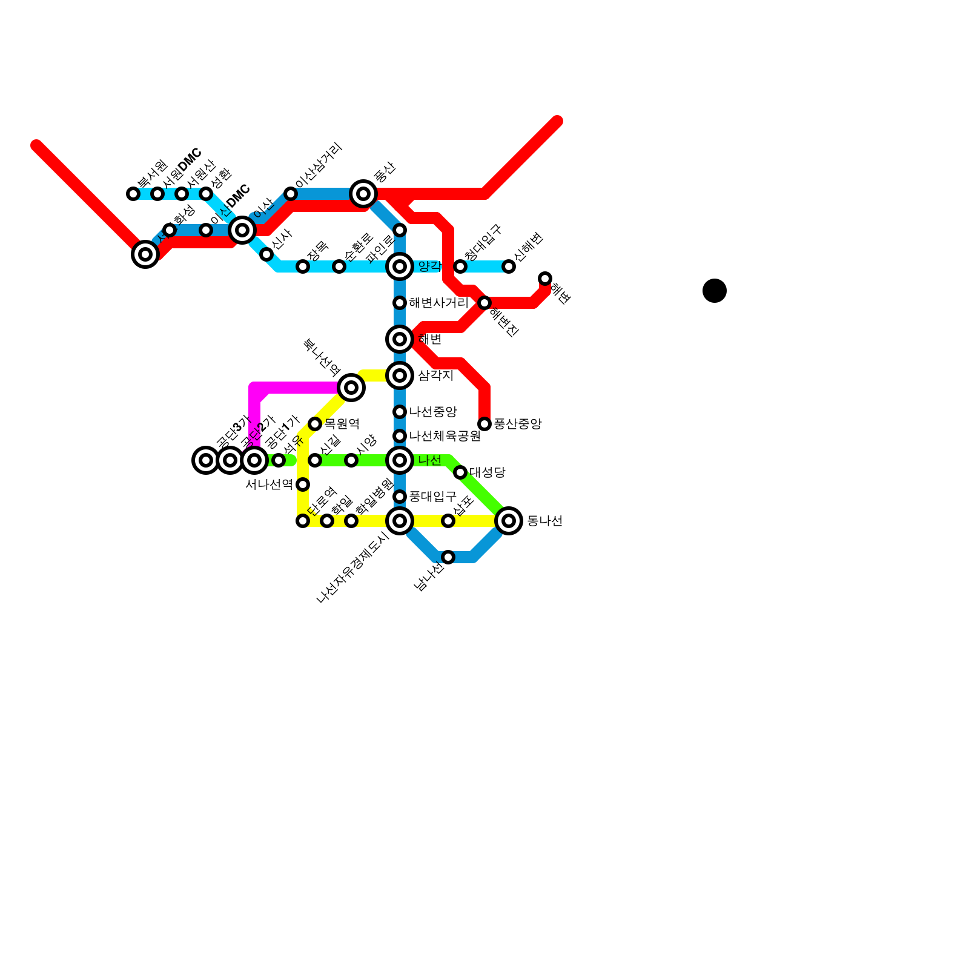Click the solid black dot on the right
point(715,291)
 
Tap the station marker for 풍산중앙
point(484,424)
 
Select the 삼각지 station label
point(435,375)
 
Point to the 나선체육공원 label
point(445,436)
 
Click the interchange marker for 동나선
point(509,521)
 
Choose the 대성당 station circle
point(460,472)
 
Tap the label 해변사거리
point(438,303)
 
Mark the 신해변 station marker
point(509,266)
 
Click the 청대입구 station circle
point(460,266)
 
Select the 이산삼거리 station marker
point(291,194)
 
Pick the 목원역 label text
point(342,424)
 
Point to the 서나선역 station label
point(269,484)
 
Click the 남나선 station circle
point(448,557)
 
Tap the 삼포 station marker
point(448,521)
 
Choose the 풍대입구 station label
point(432,497)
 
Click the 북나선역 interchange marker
point(351,388)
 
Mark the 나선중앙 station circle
point(400,412)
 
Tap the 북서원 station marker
point(133,194)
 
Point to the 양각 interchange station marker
point(400,266)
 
